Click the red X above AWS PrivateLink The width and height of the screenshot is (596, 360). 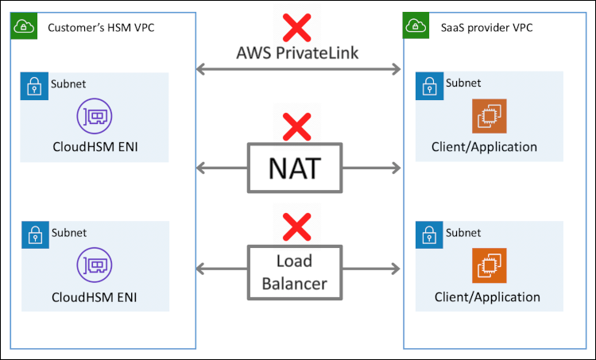(x=297, y=27)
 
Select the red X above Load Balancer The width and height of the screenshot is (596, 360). (x=297, y=226)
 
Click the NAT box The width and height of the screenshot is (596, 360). (x=296, y=168)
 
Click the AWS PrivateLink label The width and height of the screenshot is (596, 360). (x=297, y=54)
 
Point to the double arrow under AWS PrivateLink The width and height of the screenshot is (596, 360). (x=298, y=70)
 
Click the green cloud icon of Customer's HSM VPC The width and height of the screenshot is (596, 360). (x=24, y=25)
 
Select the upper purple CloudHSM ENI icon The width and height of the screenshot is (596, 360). (x=93, y=116)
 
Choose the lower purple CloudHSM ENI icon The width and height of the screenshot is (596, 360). (x=93, y=265)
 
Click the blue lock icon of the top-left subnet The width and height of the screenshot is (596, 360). (x=33, y=86)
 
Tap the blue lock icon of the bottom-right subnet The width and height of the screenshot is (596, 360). (x=429, y=235)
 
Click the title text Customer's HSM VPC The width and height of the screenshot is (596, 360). (x=101, y=28)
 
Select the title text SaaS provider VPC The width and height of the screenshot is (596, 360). (x=486, y=28)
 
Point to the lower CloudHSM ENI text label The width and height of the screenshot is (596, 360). (x=93, y=297)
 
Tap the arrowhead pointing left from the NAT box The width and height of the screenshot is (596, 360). (x=202, y=168)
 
